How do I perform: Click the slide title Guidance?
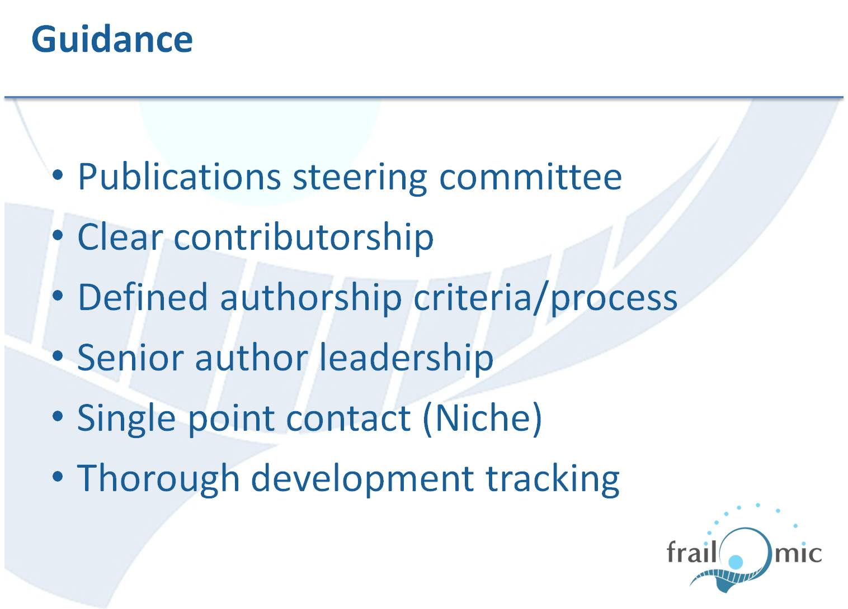point(112,39)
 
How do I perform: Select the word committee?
point(530,177)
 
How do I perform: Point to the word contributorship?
point(303,237)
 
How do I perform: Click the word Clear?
point(120,237)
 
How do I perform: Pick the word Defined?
point(143,297)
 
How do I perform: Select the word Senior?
point(130,358)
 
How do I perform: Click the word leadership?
point(407,358)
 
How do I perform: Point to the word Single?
point(126,419)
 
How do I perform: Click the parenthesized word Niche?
point(483,418)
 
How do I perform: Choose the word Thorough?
point(158,479)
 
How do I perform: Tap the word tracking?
point(552,479)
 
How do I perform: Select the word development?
point(362,479)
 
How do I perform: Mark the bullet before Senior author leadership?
point(58,356)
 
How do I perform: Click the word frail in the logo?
point(691,551)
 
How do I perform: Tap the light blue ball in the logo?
point(736,562)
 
